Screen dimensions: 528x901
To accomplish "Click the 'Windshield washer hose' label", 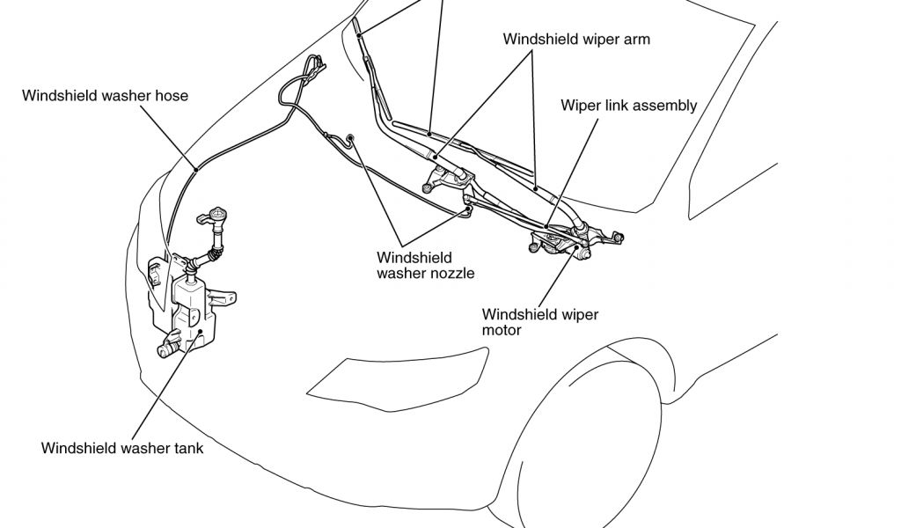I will click(x=105, y=95).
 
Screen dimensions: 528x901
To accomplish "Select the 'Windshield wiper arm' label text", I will click(x=576, y=40).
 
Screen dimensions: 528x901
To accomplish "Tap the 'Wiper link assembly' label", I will click(x=628, y=106).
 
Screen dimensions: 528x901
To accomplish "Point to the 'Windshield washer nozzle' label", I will click(x=426, y=265).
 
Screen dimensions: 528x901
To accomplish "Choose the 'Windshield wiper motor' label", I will click(x=540, y=322).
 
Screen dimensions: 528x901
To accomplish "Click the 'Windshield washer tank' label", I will click(x=122, y=448).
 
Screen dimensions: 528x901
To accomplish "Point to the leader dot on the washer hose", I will click(x=194, y=167).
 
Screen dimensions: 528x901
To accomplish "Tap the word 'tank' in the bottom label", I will click(x=187, y=448).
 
